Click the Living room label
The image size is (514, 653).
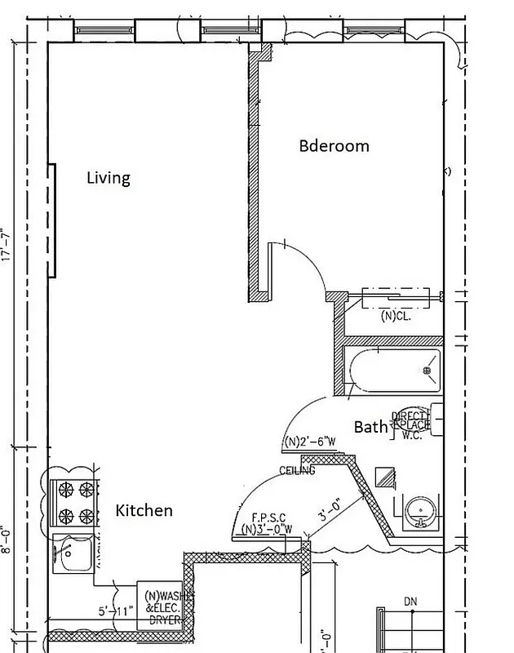click(x=109, y=178)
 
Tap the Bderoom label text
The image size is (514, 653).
click(x=334, y=146)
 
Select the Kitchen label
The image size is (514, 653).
click(x=144, y=511)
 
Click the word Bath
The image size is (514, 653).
click(x=370, y=427)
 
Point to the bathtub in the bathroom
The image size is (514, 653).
click(x=392, y=371)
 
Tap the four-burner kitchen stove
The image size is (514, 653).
click(x=74, y=504)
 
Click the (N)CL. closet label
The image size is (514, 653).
click(x=396, y=316)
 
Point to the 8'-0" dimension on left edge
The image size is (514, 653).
click(x=7, y=540)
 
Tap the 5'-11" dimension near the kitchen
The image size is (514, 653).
click(x=114, y=611)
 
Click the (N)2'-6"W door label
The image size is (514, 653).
click(x=310, y=442)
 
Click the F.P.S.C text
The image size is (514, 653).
click(x=269, y=518)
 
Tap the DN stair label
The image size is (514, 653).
click(x=410, y=602)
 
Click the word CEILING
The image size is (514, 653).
click(x=298, y=471)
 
